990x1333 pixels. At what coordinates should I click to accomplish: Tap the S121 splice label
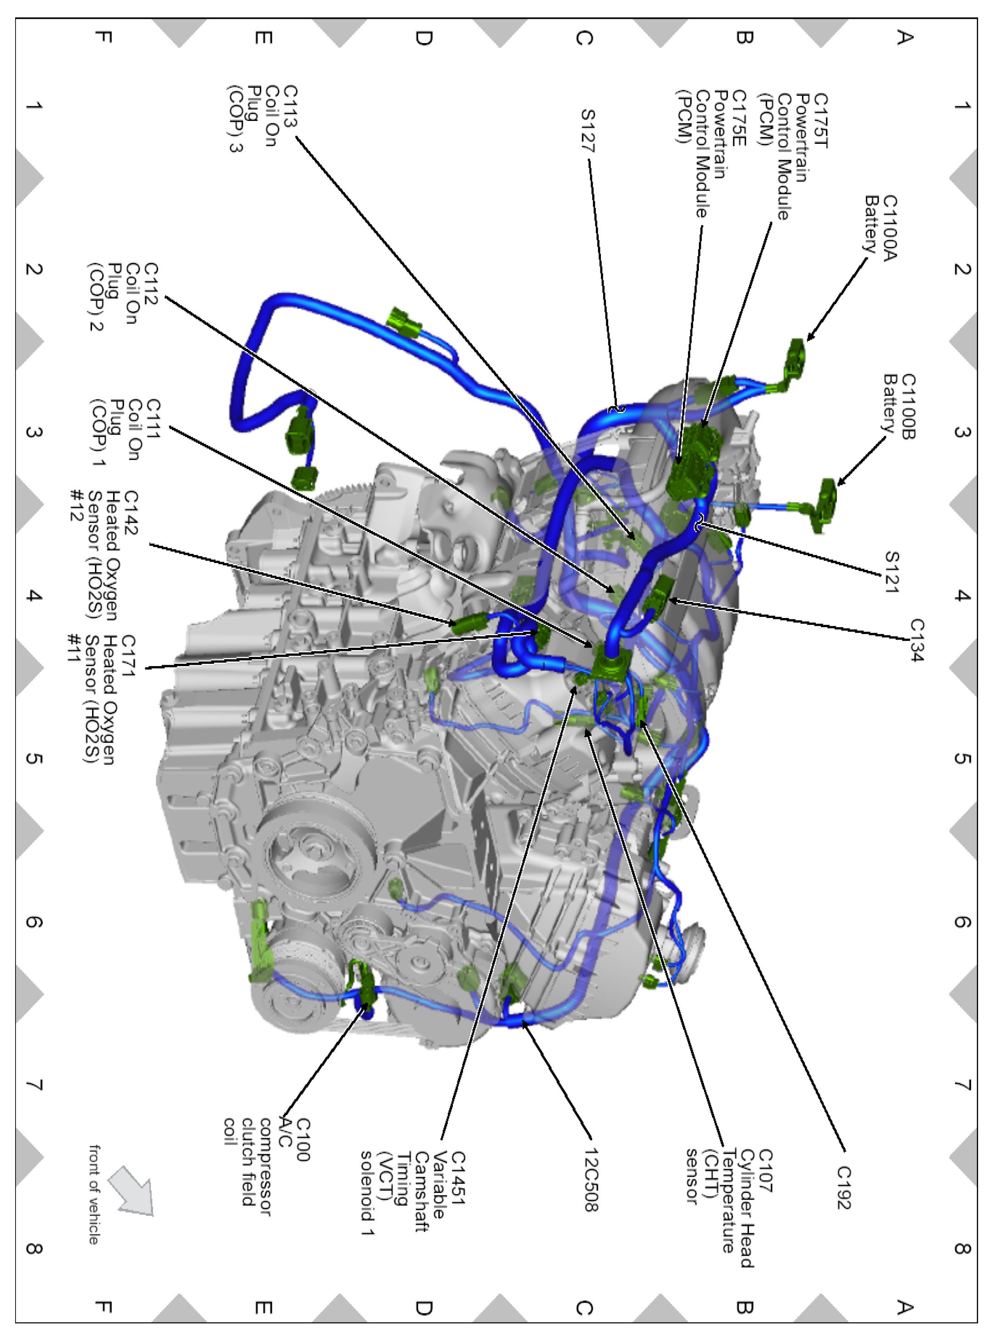892,571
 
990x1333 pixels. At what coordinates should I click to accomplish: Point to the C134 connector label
916,639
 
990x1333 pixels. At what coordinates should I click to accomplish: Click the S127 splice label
588,130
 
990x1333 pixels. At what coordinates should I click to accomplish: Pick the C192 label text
843,1187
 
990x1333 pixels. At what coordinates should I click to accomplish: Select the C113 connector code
290,106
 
